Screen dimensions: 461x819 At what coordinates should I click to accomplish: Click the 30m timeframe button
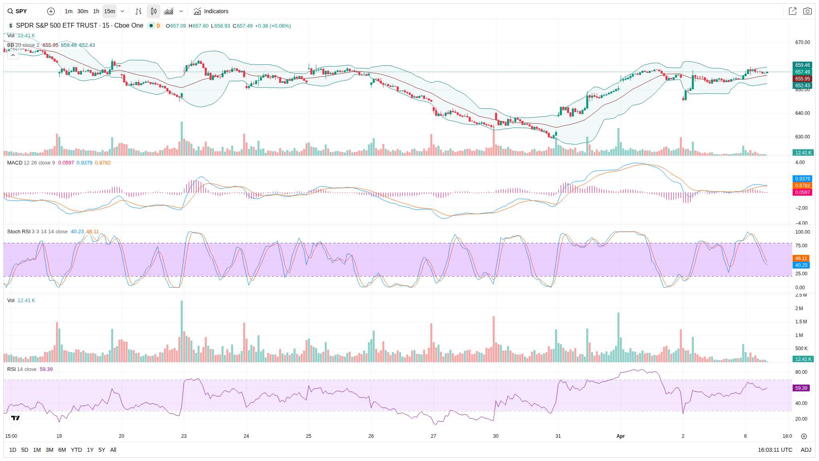coord(83,11)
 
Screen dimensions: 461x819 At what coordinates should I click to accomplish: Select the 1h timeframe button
coord(96,11)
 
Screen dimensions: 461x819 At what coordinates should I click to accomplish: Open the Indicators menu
coord(211,11)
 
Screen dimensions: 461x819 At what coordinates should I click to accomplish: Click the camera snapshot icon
coord(807,11)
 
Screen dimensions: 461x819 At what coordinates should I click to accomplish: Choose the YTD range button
coord(76,450)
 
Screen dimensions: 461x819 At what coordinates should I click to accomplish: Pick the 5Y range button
coord(102,450)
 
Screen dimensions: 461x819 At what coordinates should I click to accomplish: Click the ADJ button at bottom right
coord(806,450)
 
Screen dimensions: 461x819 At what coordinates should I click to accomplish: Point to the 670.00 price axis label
coord(802,42)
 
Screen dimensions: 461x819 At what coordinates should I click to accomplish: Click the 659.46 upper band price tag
coord(802,65)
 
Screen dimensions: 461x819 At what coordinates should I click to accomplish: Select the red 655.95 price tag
coord(802,79)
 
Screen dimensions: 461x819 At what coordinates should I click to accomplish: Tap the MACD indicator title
coord(15,163)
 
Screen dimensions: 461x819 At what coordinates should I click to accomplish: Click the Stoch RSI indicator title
coord(19,232)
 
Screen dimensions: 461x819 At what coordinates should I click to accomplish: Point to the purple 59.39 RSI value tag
coord(801,388)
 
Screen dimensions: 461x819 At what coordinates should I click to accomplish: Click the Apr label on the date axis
coord(620,436)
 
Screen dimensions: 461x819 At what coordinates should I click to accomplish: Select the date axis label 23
coord(184,436)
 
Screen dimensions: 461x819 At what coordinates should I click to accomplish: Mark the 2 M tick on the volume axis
coord(799,309)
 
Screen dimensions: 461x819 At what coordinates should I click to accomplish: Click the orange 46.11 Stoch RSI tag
coord(801,259)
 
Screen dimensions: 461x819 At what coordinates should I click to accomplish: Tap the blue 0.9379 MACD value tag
coord(802,179)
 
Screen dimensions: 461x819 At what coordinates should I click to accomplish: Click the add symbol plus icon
coord(51,11)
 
